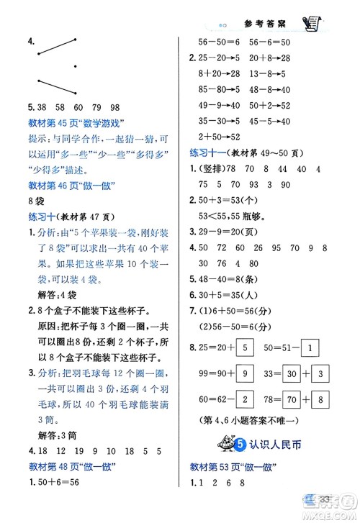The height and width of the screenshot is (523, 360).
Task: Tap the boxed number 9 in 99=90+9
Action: tap(243, 374)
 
